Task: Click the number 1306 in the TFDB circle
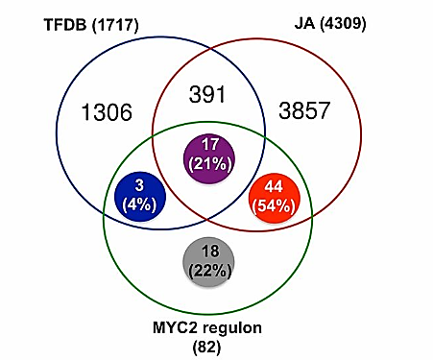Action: pos(107,112)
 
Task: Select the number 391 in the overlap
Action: pos(207,95)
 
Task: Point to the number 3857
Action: pos(304,110)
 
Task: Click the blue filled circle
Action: pos(140,197)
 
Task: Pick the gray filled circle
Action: pos(208,262)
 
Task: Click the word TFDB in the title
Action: pos(65,25)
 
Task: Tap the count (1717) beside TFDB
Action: pos(115,25)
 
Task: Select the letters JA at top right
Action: pos(304,24)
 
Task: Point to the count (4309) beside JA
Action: pos(343,24)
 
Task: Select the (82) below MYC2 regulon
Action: pos(206,348)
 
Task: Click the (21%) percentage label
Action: pos(210,165)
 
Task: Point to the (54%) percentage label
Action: pos(274,206)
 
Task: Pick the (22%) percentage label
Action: pos(209,272)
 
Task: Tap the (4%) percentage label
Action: pos(140,204)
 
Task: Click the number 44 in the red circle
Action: pos(274,186)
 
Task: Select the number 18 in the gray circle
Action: pos(210,252)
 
